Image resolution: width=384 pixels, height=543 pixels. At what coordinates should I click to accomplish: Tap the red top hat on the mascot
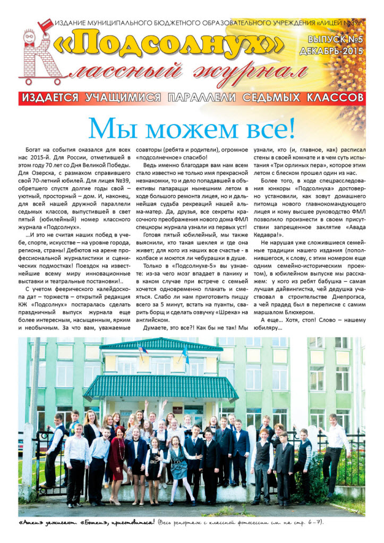point(44,24)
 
